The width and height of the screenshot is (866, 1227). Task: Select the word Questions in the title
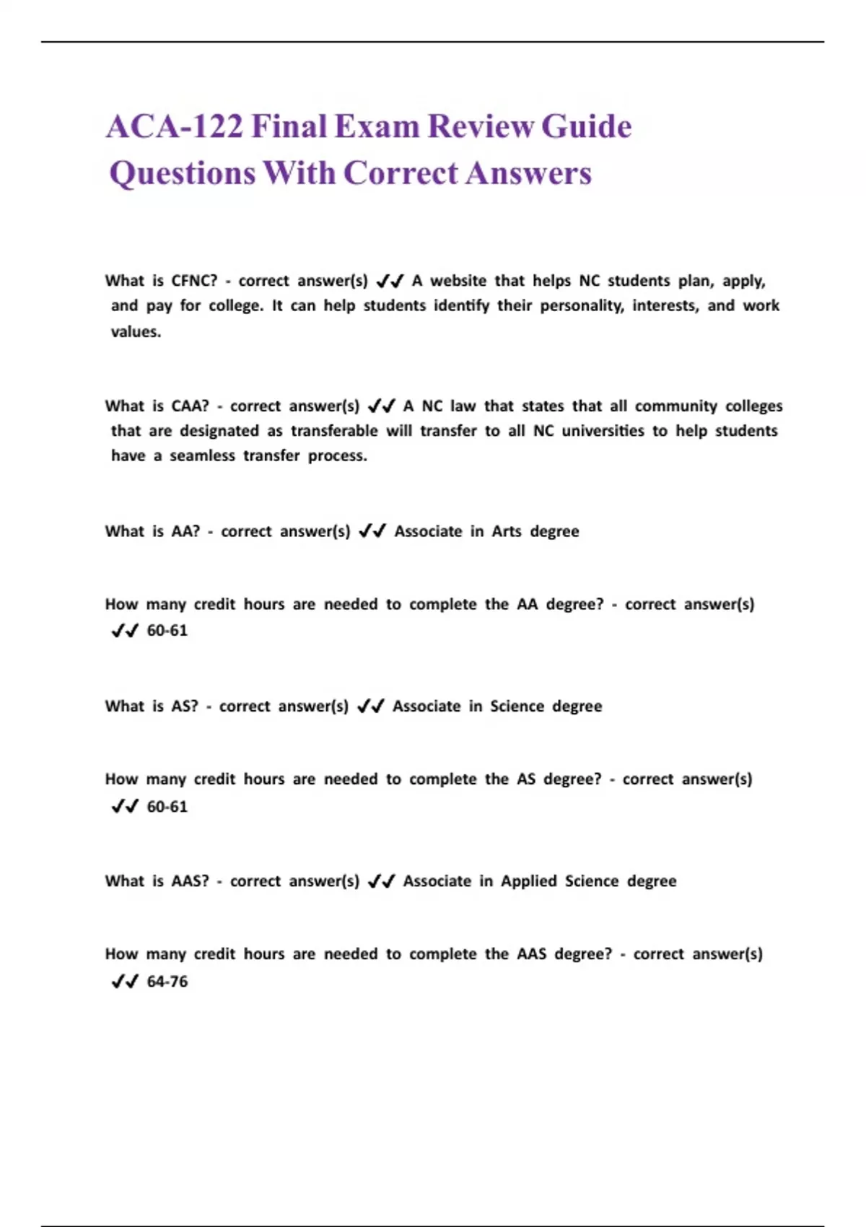coord(182,174)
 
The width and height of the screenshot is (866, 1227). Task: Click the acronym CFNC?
coord(194,281)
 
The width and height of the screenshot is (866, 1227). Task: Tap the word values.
coord(136,332)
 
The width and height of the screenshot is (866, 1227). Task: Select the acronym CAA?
coord(190,406)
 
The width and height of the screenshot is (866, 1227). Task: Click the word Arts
coord(506,532)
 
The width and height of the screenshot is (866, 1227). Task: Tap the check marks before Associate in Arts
coord(372,532)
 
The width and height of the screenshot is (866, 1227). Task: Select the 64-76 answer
coord(167,982)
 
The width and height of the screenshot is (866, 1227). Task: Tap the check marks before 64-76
coord(125,982)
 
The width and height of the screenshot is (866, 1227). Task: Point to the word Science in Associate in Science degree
coord(517,707)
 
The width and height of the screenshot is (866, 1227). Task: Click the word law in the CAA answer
coord(463,406)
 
